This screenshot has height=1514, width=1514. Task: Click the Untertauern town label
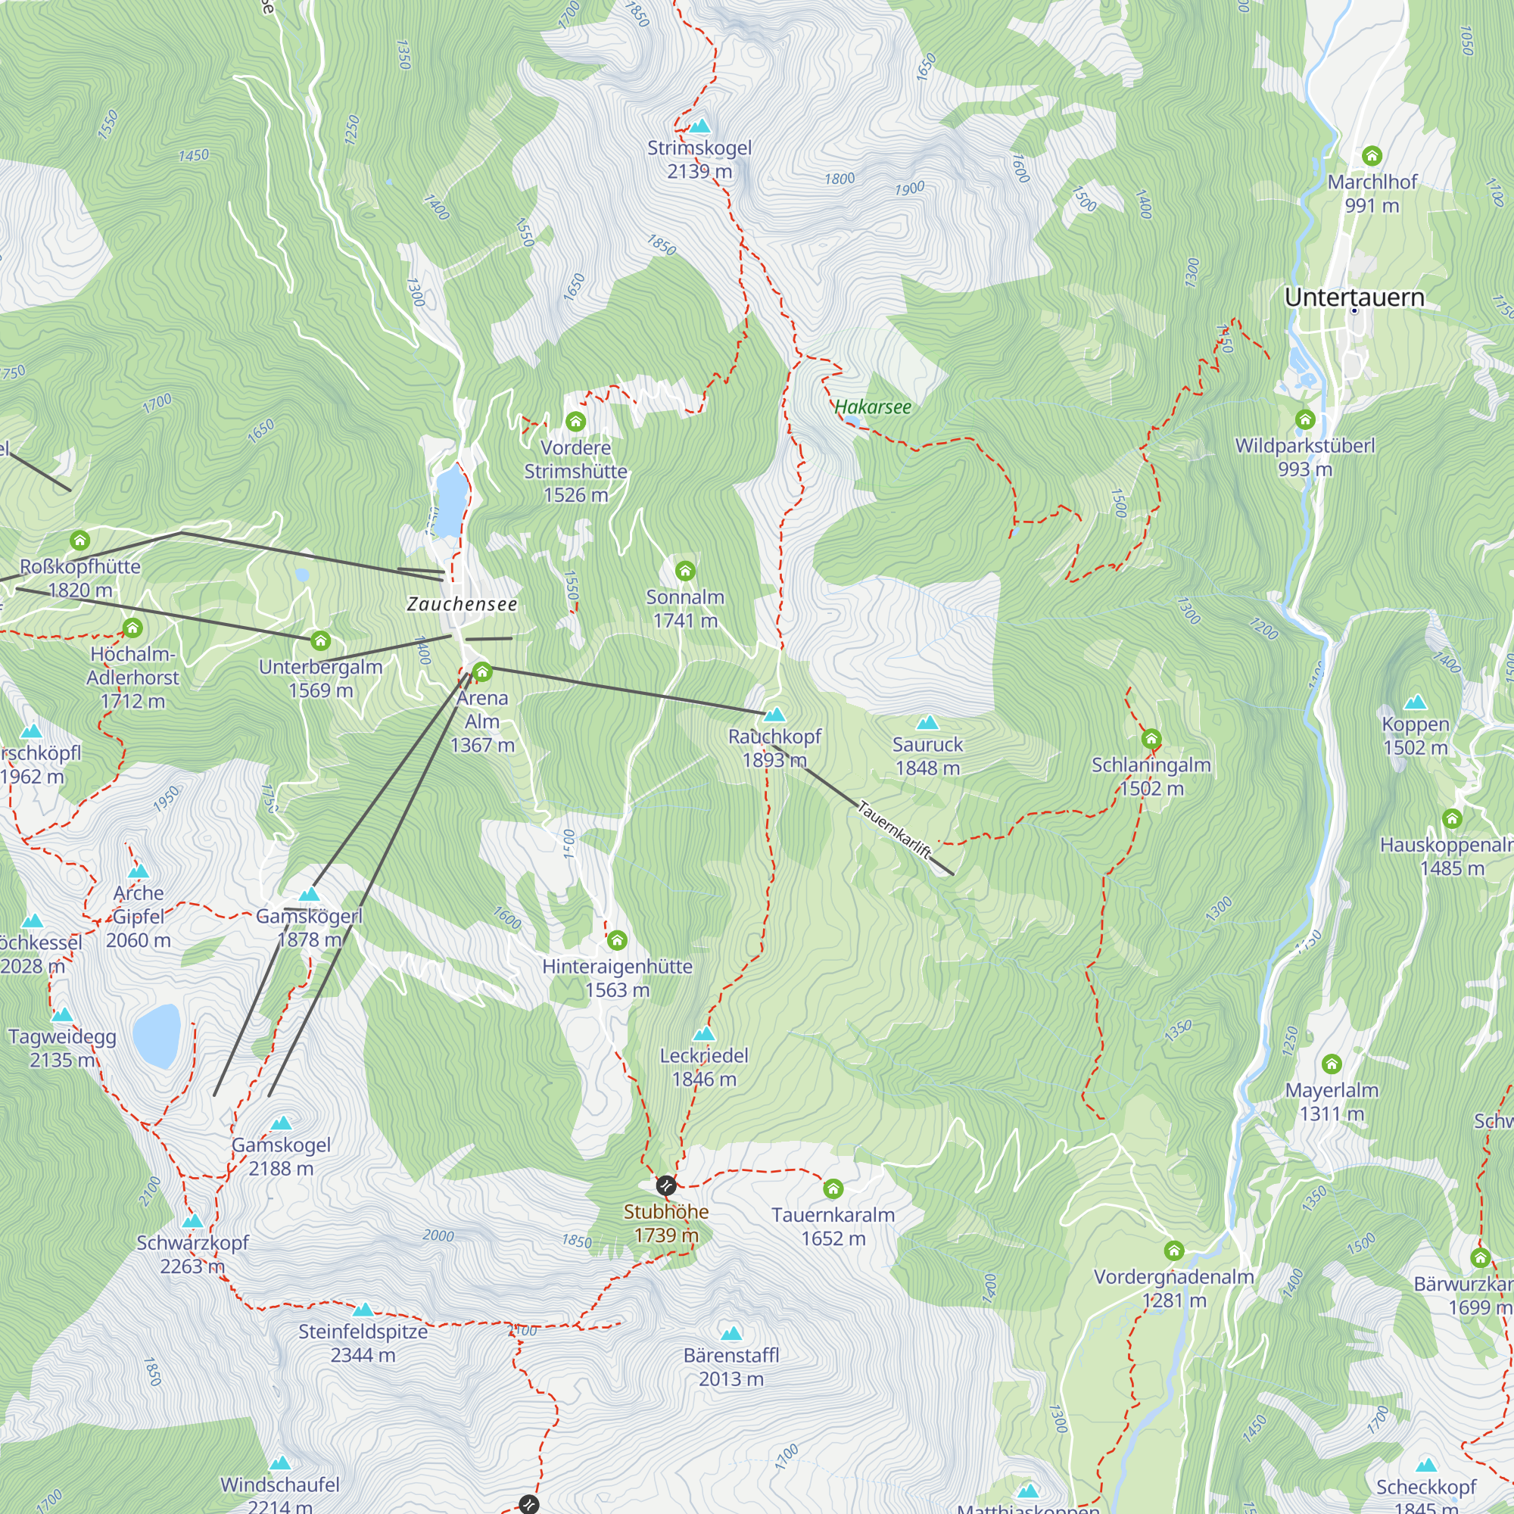coord(1354,297)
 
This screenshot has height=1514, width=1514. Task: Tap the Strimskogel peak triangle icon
coord(699,126)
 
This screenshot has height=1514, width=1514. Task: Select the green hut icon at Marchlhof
coord(1372,156)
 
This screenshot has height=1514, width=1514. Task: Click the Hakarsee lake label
coord(872,407)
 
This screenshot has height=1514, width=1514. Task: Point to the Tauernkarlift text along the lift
coord(895,829)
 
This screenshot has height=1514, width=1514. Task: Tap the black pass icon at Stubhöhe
coord(666,1185)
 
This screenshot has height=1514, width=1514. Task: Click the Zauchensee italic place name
coord(462,604)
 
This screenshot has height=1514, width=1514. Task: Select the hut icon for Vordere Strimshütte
coord(576,422)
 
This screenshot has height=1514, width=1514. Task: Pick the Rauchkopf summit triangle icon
coord(774,714)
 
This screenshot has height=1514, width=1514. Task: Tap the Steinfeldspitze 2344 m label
coord(363,1342)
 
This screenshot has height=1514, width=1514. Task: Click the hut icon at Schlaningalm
coord(1151,739)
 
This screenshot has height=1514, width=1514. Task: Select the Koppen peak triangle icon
coord(1415,702)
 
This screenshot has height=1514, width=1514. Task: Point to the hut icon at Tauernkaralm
coord(833,1188)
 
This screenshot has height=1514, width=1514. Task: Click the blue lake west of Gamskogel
coord(157,1036)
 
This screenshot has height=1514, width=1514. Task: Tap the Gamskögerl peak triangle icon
coord(310,894)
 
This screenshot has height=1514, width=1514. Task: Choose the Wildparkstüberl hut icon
coord(1305,420)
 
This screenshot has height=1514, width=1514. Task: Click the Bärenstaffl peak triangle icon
coord(731,1333)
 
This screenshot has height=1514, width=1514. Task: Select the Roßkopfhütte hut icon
coord(80,540)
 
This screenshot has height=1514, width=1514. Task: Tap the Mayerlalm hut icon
coord(1332,1064)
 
